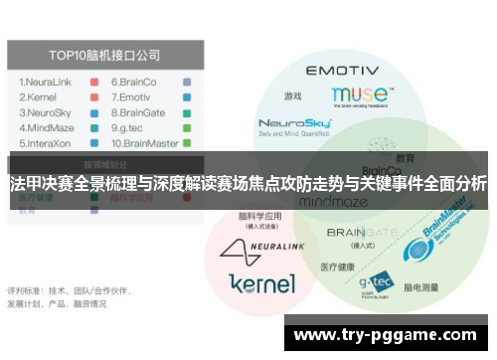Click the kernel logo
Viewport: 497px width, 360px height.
click(261, 282)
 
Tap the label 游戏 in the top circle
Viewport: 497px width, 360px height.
click(292, 96)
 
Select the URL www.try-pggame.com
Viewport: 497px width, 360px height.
click(389, 336)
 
